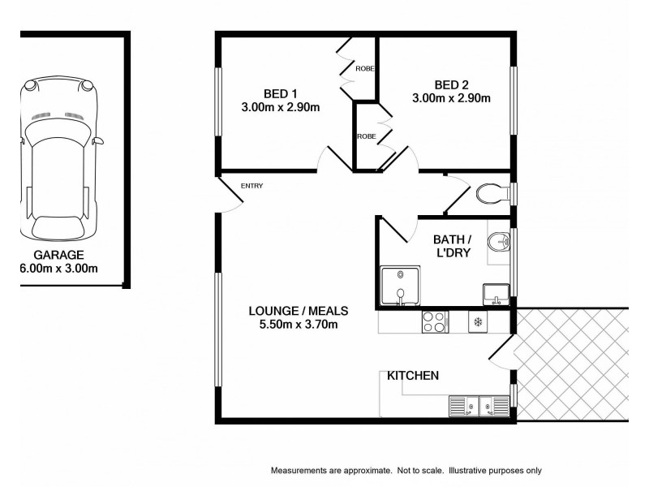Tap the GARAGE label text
tap(58, 254)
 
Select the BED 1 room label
tap(280, 92)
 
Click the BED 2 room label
tap(450, 84)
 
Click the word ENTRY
tap(251, 187)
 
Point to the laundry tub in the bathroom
tap(495, 293)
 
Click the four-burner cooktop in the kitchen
tap(435, 322)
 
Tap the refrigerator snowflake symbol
tap(478, 322)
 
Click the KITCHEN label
tap(413, 376)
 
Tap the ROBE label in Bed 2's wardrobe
tap(366, 136)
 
